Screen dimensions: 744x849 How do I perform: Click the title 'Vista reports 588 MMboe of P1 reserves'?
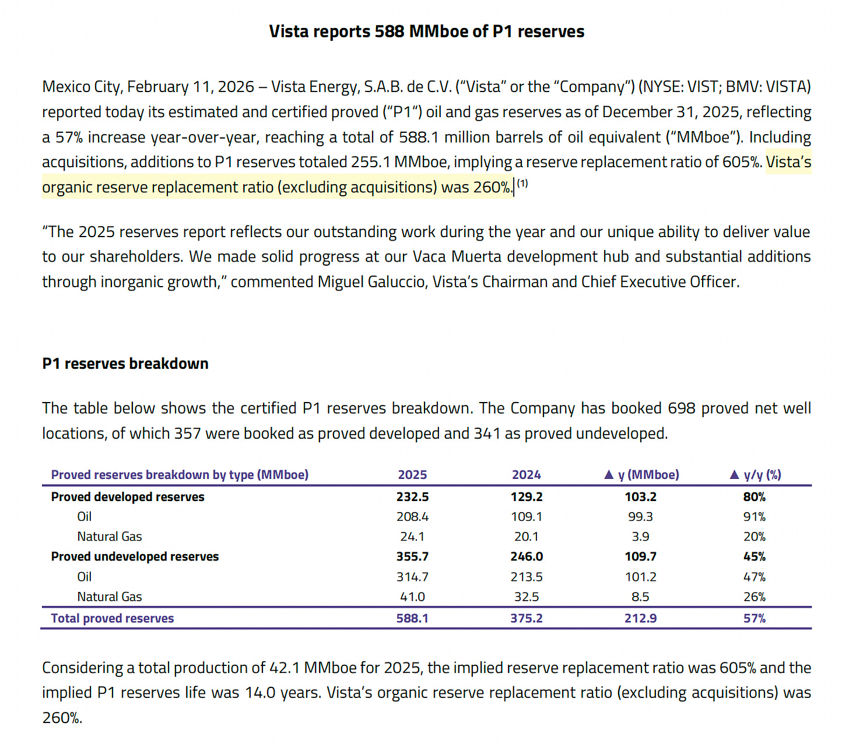tap(426, 31)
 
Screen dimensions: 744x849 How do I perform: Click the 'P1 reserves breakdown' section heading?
tap(125, 364)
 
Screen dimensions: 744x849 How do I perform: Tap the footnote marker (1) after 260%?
tap(522, 184)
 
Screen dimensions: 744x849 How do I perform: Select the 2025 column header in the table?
tap(412, 475)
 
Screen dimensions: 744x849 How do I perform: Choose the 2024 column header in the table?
tap(526, 475)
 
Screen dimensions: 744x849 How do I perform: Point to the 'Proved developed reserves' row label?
tap(128, 497)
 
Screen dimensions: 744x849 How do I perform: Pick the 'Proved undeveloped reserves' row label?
tap(135, 556)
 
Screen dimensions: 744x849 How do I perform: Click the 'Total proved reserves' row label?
tap(113, 618)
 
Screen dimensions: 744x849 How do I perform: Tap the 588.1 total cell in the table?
tap(412, 618)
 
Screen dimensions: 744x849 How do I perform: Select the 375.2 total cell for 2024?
tap(526, 618)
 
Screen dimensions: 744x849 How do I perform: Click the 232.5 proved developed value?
tap(412, 497)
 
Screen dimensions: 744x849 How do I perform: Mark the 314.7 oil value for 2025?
tap(412, 577)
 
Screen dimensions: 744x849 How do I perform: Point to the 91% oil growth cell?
tap(755, 517)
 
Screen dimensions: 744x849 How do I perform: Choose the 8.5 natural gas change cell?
tap(640, 597)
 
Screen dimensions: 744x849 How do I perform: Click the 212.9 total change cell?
tap(640, 618)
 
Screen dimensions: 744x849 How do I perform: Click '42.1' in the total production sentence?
tap(284, 668)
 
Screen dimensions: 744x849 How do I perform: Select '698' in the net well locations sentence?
tap(682, 408)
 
